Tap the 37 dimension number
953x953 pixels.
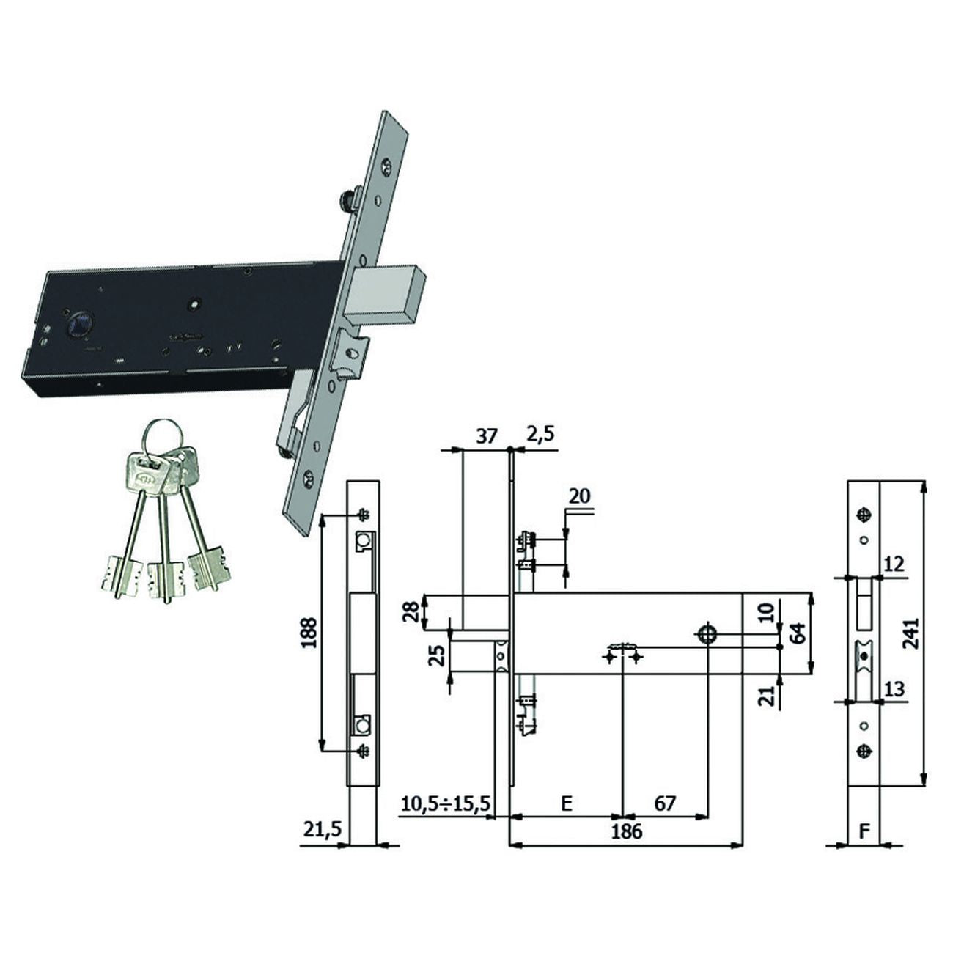(x=486, y=436)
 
